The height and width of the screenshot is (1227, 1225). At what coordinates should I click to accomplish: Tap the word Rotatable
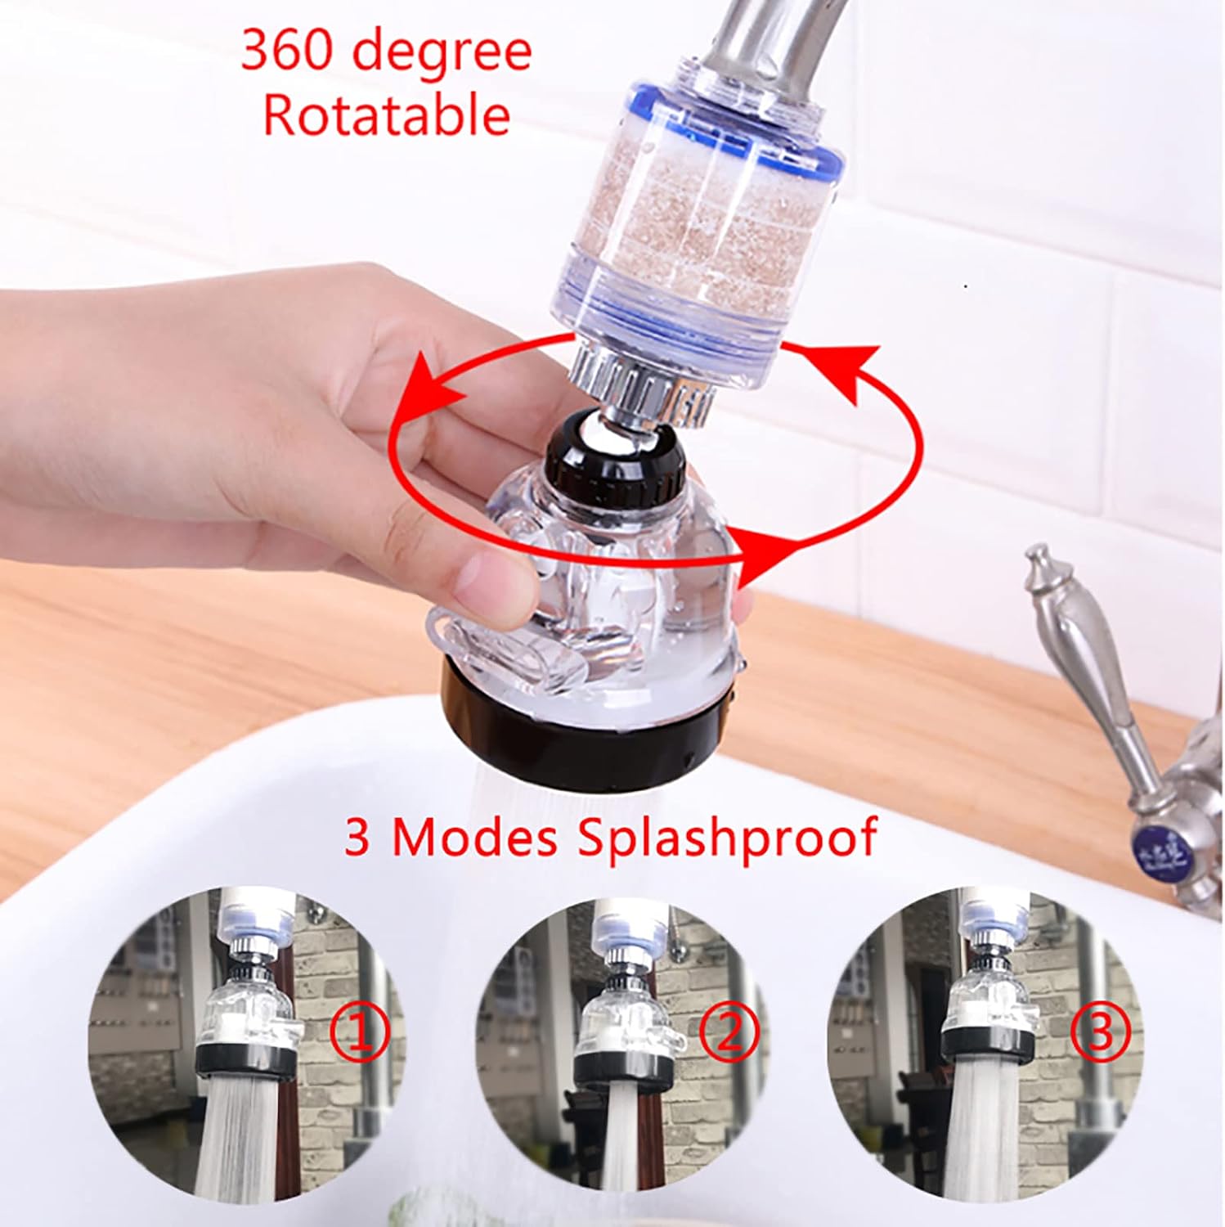click(387, 115)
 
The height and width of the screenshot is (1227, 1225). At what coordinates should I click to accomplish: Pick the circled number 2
click(730, 1032)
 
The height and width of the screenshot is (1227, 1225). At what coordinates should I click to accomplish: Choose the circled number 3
click(1101, 1031)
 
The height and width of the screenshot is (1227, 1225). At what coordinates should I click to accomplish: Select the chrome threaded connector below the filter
click(646, 389)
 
